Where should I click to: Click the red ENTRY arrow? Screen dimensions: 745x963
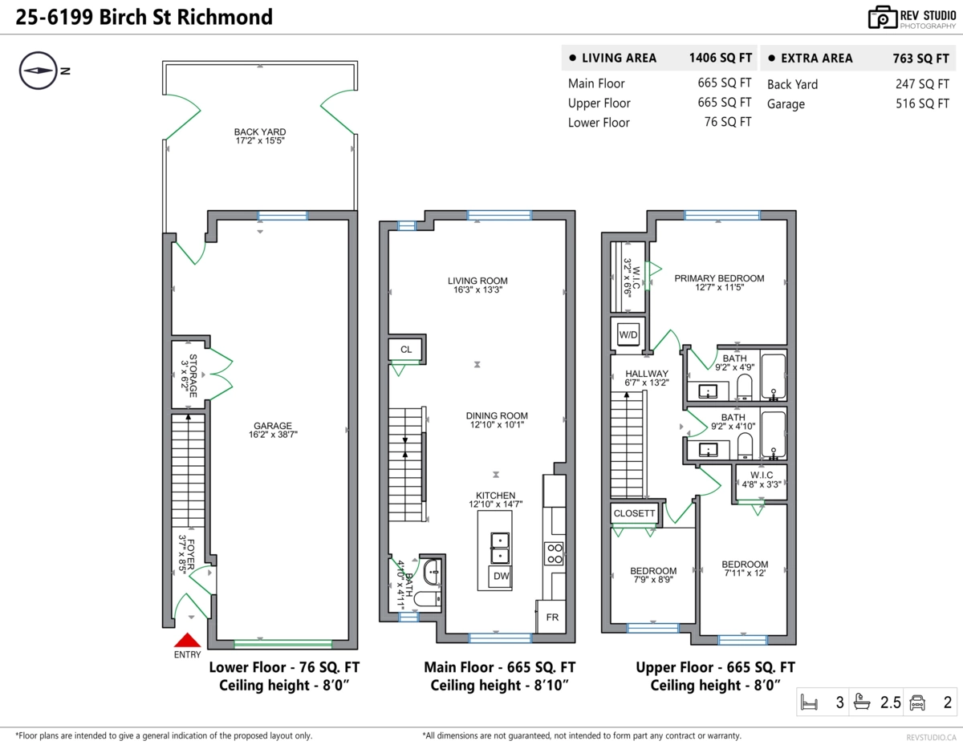click(187, 640)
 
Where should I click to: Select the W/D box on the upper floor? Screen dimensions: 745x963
click(628, 334)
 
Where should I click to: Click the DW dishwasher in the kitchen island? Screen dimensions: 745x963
click(501, 576)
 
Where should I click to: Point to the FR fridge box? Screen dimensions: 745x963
click(552, 617)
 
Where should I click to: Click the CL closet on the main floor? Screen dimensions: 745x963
click(405, 350)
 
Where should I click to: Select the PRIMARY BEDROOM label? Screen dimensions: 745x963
click(719, 278)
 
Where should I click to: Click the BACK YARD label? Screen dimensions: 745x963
click(259, 132)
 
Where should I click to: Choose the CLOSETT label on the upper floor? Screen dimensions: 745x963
click(635, 513)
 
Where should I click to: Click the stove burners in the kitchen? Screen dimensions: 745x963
click(555, 553)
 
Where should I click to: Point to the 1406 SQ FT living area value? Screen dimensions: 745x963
click(720, 58)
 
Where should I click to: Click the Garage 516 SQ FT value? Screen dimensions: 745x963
click(922, 103)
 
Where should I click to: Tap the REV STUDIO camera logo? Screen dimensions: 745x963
click(883, 18)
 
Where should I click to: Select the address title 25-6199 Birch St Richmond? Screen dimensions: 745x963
click(144, 17)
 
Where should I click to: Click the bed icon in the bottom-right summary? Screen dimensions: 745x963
click(809, 703)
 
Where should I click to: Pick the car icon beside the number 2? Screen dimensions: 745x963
click(916, 703)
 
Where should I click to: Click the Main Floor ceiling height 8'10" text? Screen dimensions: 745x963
click(499, 686)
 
